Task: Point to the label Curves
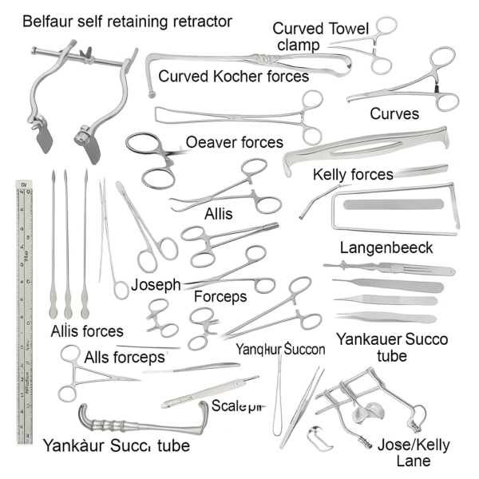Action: (x=394, y=114)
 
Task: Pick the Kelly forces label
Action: (x=353, y=174)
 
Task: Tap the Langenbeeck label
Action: (x=386, y=248)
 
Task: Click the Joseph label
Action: (x=156, y=284)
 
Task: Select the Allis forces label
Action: (x=86, y=331)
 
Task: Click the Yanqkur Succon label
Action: (x=280, y=349)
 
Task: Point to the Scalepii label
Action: (x=237, y=406)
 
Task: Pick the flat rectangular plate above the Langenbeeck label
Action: (x=391, y=208)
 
